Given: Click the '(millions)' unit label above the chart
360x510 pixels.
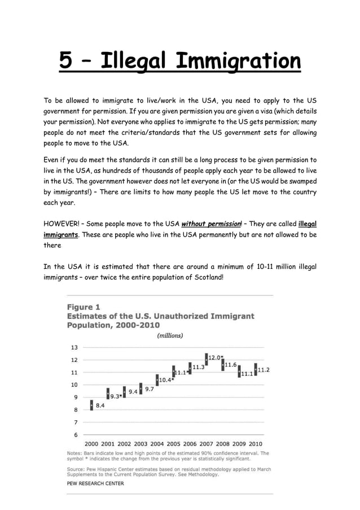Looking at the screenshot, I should (169, 335).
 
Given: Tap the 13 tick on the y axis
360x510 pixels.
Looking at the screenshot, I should (74, 347).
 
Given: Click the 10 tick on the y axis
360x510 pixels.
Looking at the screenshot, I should (74, 385).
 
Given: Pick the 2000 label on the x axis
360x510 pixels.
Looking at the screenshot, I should (92, 444).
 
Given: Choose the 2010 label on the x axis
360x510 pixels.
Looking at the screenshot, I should (256, 444).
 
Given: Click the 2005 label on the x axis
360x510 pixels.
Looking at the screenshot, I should (174, 444).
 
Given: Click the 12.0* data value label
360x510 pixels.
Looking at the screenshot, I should (216, 358).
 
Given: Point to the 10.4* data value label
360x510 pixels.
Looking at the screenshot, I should (166, 380).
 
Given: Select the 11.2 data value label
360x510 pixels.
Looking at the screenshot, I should (264, 370).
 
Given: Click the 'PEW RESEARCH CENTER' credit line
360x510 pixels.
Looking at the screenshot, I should (95, 483).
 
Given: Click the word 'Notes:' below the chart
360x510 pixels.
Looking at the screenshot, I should (74, 453).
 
